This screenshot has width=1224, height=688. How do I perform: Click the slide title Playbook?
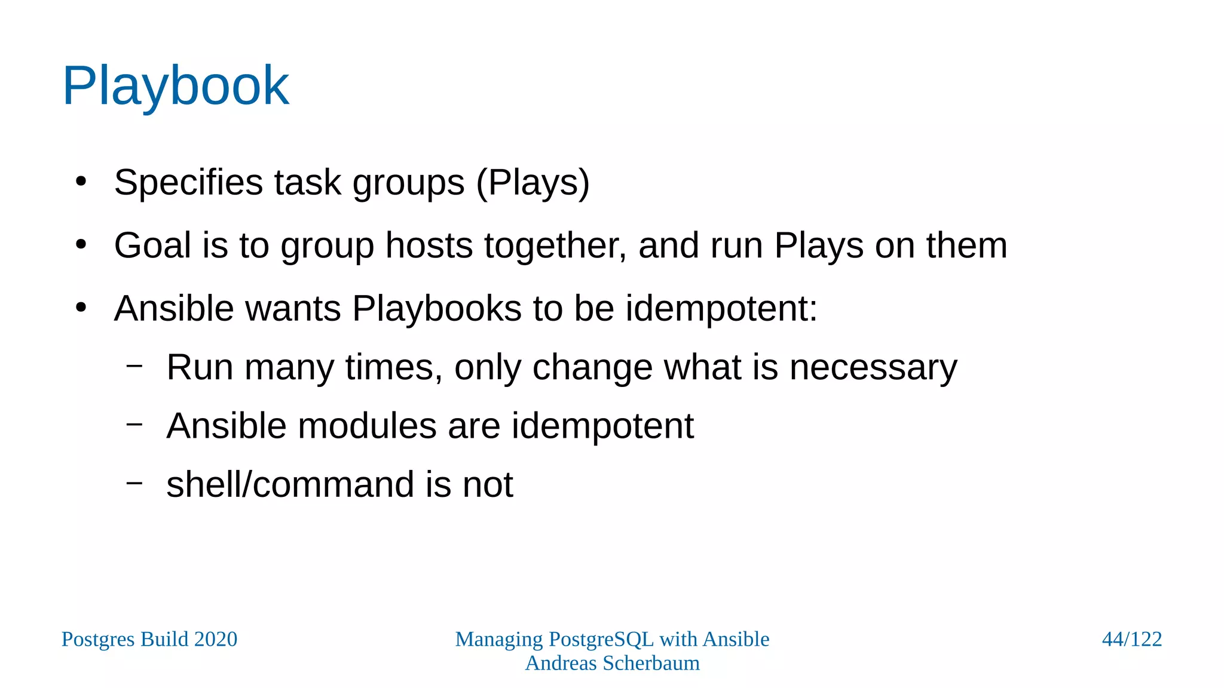tap(175, 87)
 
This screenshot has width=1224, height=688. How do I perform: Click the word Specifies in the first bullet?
tap(188, 182)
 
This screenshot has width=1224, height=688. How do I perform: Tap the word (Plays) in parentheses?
tap(533, 182)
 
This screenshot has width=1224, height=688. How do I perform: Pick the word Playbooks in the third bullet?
tap(437, 309)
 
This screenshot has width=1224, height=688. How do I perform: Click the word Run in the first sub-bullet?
tap(200, 367)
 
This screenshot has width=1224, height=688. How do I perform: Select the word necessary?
tap(873, 367)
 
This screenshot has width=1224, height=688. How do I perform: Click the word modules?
tap(367, 426)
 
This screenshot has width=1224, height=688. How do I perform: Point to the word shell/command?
tap(290, 484)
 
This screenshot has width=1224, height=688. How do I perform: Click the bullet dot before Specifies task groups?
tap(81, 182)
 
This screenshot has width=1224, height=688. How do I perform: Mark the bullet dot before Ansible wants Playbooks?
tap(81, 308)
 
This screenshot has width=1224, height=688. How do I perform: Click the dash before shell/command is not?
tap(134, 482)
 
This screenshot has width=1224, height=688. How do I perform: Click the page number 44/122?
tap(1131, 639)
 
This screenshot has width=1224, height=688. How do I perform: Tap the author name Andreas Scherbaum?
tap(612, 663)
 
